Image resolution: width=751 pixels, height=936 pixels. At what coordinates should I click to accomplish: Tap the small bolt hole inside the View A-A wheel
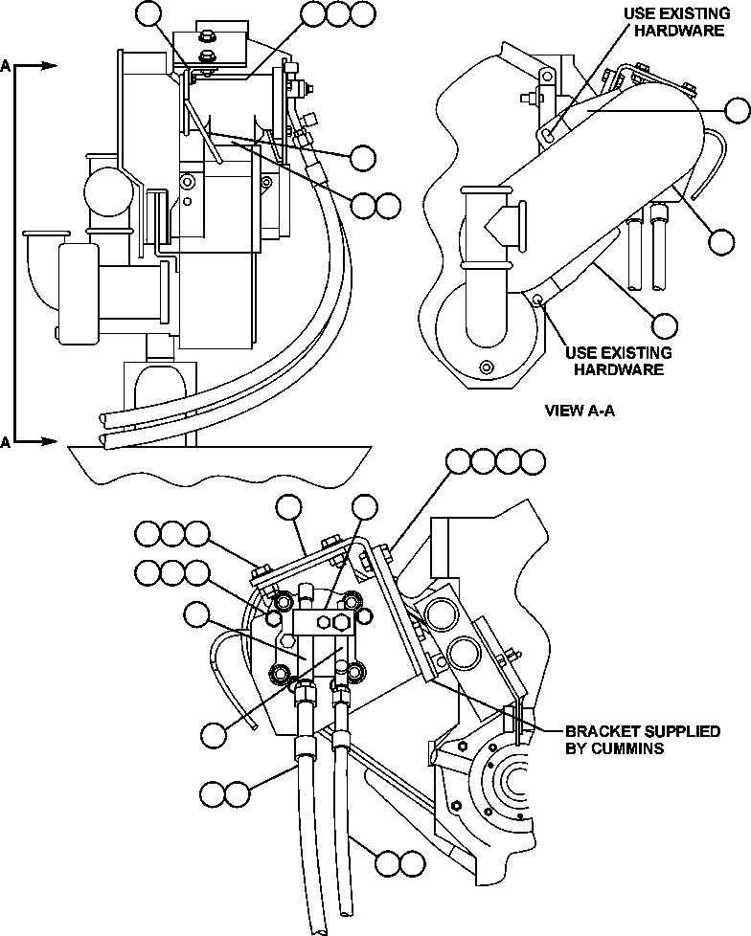point(489,368)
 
